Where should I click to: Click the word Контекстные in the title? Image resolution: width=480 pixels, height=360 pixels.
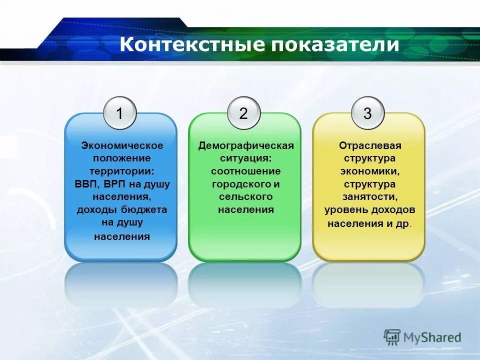tap(192, 44)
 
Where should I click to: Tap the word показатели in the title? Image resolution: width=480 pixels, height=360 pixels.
tap(335, 44)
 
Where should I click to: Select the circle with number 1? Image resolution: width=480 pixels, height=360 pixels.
tap(119, 113)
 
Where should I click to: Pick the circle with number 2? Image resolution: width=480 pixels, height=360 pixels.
tap(243, 113)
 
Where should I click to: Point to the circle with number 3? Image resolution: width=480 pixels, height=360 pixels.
tap(367, 113)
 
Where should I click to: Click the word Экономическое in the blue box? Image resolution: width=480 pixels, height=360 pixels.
tap(122, 145)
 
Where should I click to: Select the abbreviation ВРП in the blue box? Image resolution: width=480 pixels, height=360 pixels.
tap(117, 184)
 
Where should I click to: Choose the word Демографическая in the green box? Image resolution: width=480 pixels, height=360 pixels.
tap(245, 145)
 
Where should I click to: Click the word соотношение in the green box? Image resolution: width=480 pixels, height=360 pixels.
tap(245, 171)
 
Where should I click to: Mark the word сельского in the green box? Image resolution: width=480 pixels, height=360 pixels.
tap(245, 197)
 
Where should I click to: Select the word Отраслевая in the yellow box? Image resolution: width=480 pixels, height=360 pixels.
tap(370, 145)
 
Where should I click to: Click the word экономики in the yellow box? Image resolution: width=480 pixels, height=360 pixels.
tap(370, 171)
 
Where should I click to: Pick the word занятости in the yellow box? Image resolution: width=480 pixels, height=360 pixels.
tap(370, 197)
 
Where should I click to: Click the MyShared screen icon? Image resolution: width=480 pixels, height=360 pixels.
tap(392, 337)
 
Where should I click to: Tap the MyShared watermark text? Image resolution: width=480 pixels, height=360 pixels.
tap(433, 337)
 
